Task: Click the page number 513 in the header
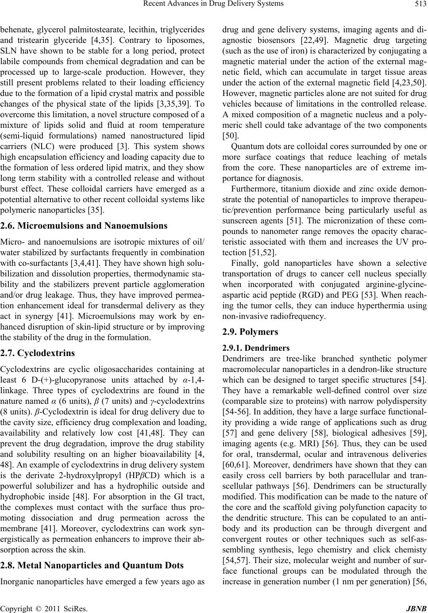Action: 421,5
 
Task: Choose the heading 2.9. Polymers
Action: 250,331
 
